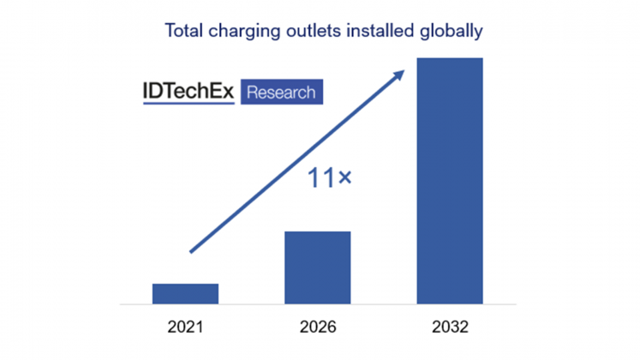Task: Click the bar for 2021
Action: pos(185,293)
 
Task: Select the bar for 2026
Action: pos(318,267)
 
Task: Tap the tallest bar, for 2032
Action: pos(450,180)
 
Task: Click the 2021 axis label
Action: pos(185,327)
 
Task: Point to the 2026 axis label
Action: pos(318,327)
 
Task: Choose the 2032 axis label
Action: pos(450,327)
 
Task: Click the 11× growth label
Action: pos(329,179)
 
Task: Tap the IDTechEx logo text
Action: pos(188,91)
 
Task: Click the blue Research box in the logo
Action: pos(281,92)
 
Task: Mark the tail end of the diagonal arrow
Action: pos(192,251)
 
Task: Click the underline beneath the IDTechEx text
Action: pos(188,104)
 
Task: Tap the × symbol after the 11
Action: pos(345,179)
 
